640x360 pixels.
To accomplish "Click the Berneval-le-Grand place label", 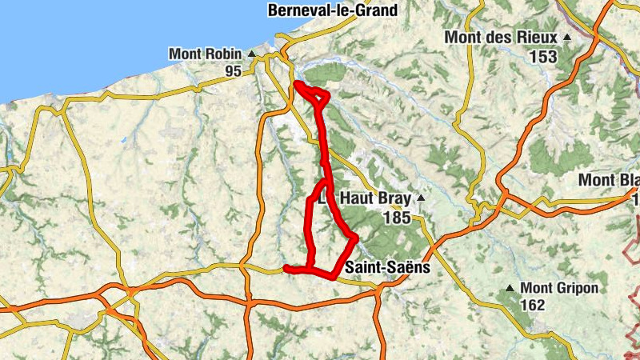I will click(333, 10).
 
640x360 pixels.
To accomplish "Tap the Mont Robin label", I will click(205, 54).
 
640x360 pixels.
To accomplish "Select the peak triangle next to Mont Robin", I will click(251, 54).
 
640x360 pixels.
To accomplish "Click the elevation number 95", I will click(233, 72).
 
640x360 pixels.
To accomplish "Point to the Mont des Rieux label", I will click(501, 37).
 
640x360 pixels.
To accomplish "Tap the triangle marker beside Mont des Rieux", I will click(567, 37).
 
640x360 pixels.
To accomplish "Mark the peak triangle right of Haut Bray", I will click(420, 198).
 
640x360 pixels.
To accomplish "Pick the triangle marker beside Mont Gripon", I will click(510, 287).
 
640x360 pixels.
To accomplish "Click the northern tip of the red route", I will click(297, 83).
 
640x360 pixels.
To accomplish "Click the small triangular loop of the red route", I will click(318, 96).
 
